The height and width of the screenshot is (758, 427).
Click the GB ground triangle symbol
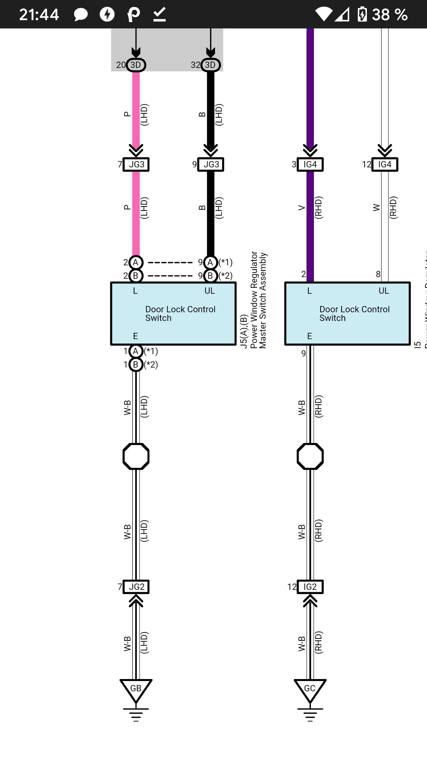coord(136,689)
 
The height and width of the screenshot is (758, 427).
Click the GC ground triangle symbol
coord(310,689)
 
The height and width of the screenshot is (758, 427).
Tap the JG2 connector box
coord(136,587)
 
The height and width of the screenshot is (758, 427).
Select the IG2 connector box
coord(310,587)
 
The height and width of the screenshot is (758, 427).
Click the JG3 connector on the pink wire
coord(136,164)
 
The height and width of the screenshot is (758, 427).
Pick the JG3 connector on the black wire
coord(211,164)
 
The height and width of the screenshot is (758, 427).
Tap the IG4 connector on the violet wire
coord(310,164)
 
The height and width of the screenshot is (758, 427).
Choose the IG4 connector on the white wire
coord(385,164)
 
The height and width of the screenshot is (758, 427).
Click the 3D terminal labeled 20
coord(136,65)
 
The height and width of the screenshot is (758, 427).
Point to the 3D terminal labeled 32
coord(210,65)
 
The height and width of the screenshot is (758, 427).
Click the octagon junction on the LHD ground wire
coord(136,456)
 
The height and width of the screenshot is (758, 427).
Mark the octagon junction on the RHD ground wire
coord(310,456)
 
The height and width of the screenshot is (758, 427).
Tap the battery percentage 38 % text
coord(389,15)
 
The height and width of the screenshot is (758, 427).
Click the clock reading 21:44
coord(39,15)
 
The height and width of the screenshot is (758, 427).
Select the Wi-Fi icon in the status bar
coord(324,15)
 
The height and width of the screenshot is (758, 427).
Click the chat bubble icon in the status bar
coord(81,15)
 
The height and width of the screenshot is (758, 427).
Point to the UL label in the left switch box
coord(210,291)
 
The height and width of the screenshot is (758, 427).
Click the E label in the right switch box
coord(310,336)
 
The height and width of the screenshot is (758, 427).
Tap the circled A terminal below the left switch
coord(136,351)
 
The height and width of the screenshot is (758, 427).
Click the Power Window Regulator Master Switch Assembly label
coord(259,300)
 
